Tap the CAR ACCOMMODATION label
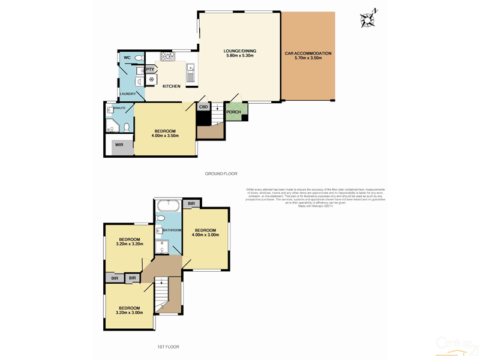click(x=308, y=53)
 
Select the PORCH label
click(x=233, y=112)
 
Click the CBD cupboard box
click(x=203, y=107)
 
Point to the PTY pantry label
click(x=150, y=70)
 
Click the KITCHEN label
click(x=171, y=86)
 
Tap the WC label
click(x=127, y=58)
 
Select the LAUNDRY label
click(x=128, y=94)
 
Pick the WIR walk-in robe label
click(x=119, y=145)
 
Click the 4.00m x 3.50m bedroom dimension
click(x=165, y=136)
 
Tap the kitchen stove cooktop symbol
click(x=167, y=58)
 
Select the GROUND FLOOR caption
click(x=221, y=173)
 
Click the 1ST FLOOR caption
click(x=168, y=347)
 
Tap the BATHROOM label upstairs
click(x=172, y=230)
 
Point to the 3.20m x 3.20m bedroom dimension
click(x=130, y=244)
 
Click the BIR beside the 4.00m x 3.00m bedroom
click(x=191, y=205)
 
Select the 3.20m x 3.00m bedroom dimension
click(x=130, y=313)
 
